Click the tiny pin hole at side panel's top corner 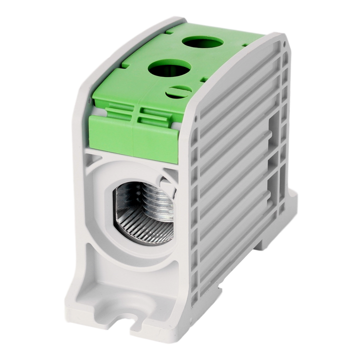click(285, 44)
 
